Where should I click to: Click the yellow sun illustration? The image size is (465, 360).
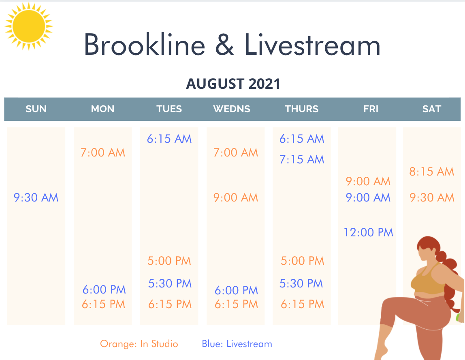[29, 26]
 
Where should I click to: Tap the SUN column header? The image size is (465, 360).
[36, 109]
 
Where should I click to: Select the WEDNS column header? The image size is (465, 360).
[232, 109]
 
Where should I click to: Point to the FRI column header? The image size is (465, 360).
[371, 109]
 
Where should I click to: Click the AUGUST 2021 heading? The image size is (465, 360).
[233, 84]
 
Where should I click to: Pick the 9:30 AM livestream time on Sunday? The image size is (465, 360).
[36, 197]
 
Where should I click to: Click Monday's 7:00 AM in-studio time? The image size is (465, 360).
[103, 152]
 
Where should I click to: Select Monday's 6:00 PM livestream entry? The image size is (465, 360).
[104, 289]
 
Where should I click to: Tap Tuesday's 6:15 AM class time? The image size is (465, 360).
[169, 139]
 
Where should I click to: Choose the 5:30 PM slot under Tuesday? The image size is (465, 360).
[170, 283]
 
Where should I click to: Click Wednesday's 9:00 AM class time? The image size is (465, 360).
[236, 197]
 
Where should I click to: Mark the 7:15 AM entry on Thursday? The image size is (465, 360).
[302, 159]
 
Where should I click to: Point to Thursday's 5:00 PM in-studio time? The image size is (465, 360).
[303, 261]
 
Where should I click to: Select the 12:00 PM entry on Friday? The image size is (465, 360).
[368, 232]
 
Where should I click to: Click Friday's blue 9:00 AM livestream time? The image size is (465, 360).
[368, 197]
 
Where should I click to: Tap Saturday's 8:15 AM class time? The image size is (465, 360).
[432, 171]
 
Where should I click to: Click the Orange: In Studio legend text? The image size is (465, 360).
[139, 344]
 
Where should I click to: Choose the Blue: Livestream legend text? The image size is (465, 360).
[237, 344]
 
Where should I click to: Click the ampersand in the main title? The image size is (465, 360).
[224, 45]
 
